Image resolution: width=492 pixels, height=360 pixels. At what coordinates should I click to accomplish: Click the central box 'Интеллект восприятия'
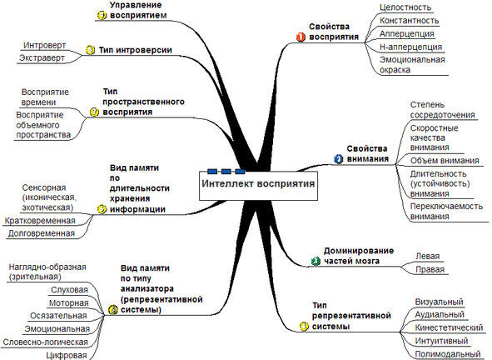(258, 185)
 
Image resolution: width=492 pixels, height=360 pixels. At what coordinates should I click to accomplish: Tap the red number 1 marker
(301, 37)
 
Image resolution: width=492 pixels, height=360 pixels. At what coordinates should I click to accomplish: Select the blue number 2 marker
(339, 159)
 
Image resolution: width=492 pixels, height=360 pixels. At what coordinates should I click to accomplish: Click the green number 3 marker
(316, 261)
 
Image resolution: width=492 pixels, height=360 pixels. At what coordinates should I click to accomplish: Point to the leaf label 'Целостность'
(405, 7)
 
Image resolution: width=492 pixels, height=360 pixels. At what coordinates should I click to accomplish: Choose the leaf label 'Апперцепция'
(407, 33)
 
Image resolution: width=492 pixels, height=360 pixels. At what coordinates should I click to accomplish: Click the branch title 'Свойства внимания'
(367, 153)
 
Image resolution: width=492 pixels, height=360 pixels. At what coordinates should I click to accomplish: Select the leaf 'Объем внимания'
(445, 161)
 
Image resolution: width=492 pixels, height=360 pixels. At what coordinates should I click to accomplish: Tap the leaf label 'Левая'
(428, 257)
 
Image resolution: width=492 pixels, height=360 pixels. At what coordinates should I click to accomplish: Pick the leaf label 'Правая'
(430, 269)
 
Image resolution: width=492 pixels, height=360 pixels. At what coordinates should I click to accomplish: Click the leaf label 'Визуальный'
(440, 302)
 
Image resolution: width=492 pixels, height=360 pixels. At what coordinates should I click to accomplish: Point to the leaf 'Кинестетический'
(449, 327)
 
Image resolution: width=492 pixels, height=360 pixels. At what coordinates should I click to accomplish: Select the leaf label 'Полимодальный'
(448, 354)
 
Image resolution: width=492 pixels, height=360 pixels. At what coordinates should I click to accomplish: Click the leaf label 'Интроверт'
(45, 45)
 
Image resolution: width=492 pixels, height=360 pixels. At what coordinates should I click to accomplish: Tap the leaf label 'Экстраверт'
(42, 58)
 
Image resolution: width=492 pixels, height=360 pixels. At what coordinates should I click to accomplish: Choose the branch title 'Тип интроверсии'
(135, 50)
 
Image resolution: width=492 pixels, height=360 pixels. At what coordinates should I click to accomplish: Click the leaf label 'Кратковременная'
(40, 221)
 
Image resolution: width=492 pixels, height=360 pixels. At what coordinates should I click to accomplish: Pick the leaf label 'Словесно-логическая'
(45, 342)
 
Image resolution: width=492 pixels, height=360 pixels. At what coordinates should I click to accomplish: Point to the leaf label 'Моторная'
(69, 303)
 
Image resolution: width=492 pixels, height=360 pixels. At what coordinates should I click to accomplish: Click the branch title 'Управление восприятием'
(138, 10)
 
